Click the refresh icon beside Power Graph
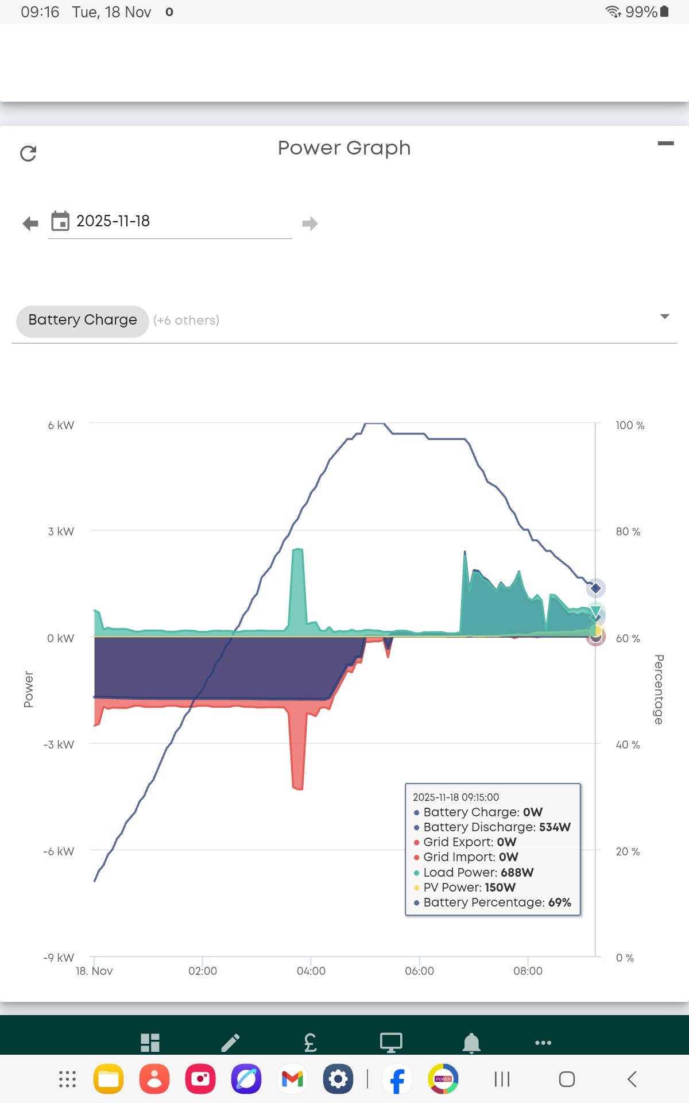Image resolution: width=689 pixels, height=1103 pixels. point(28,153)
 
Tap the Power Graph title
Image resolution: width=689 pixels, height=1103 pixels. point(344,148)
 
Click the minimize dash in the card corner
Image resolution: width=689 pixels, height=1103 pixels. point(665,144)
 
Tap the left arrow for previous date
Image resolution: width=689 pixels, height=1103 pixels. point(30,223)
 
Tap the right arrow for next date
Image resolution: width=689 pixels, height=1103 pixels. point(310,223)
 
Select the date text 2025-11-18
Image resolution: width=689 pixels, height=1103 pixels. point(113,221)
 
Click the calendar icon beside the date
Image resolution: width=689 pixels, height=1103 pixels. point(60,221)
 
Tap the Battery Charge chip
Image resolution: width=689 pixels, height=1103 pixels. point(83,321)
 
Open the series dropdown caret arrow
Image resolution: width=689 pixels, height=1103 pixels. point(665,317)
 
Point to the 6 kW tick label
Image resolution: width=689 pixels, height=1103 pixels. point(61,425)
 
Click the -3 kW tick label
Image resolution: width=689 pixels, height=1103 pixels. point(59,745)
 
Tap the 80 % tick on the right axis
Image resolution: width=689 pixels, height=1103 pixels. point(628,531)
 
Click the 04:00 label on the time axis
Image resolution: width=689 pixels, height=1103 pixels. point(311,971)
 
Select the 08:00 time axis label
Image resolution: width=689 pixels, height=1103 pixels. point(528,971)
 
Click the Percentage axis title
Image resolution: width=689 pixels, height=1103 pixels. point(659,689)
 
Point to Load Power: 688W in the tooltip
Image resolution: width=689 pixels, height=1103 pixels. point(478,872)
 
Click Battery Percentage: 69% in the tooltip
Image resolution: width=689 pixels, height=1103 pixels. point(497,902)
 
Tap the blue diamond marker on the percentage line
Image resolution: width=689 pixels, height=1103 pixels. point(595,588)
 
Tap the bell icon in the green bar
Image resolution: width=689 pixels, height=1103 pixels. point(471,1043)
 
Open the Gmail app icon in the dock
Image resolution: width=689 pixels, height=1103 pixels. point(292,1079)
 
